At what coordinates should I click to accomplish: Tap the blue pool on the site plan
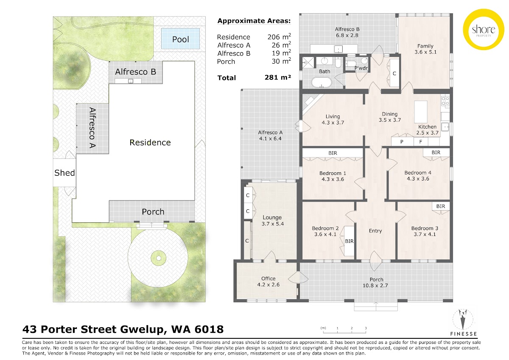(180, 39)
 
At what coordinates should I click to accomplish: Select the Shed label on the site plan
(64, 173)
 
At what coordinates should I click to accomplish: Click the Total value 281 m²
(278, 77)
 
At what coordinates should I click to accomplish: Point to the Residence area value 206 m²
(279, 37)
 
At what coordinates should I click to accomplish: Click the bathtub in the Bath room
(322, 82)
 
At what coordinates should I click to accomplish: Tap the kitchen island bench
(421, 112)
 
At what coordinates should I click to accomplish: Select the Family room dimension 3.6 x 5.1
(425, 52)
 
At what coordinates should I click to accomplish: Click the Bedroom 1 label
(333, 173)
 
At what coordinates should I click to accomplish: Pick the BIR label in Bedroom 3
(441, 206)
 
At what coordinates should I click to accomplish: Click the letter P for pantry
(402, 142)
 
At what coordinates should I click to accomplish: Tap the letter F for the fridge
(421, 142)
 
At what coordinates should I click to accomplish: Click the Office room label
(268, 278)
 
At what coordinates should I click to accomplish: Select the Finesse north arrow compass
(463, 319)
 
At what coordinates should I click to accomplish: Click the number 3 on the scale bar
(366, 328)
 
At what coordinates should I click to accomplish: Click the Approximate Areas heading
(254, 21)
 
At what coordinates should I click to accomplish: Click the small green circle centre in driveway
(159, 258)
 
